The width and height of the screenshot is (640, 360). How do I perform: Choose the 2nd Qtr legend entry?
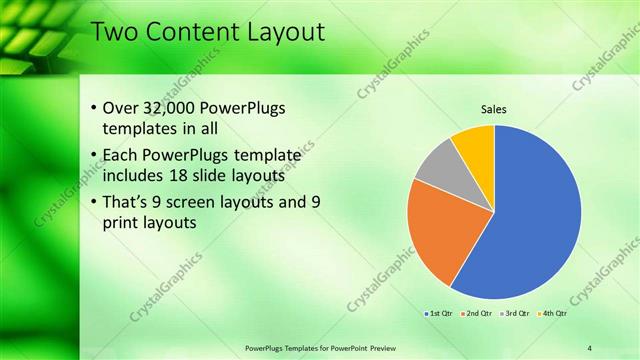(x=476, y=315)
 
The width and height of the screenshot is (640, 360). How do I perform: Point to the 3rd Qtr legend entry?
(x=515, y=315)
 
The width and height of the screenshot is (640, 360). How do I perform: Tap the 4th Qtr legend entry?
(x=553, y=315)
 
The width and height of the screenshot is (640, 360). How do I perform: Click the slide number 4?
(x=589, y=347)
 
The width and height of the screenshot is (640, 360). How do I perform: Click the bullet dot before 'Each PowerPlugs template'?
(x=94, y=156)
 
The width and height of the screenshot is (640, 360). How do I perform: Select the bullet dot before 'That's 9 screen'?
(x=94, y=203)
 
